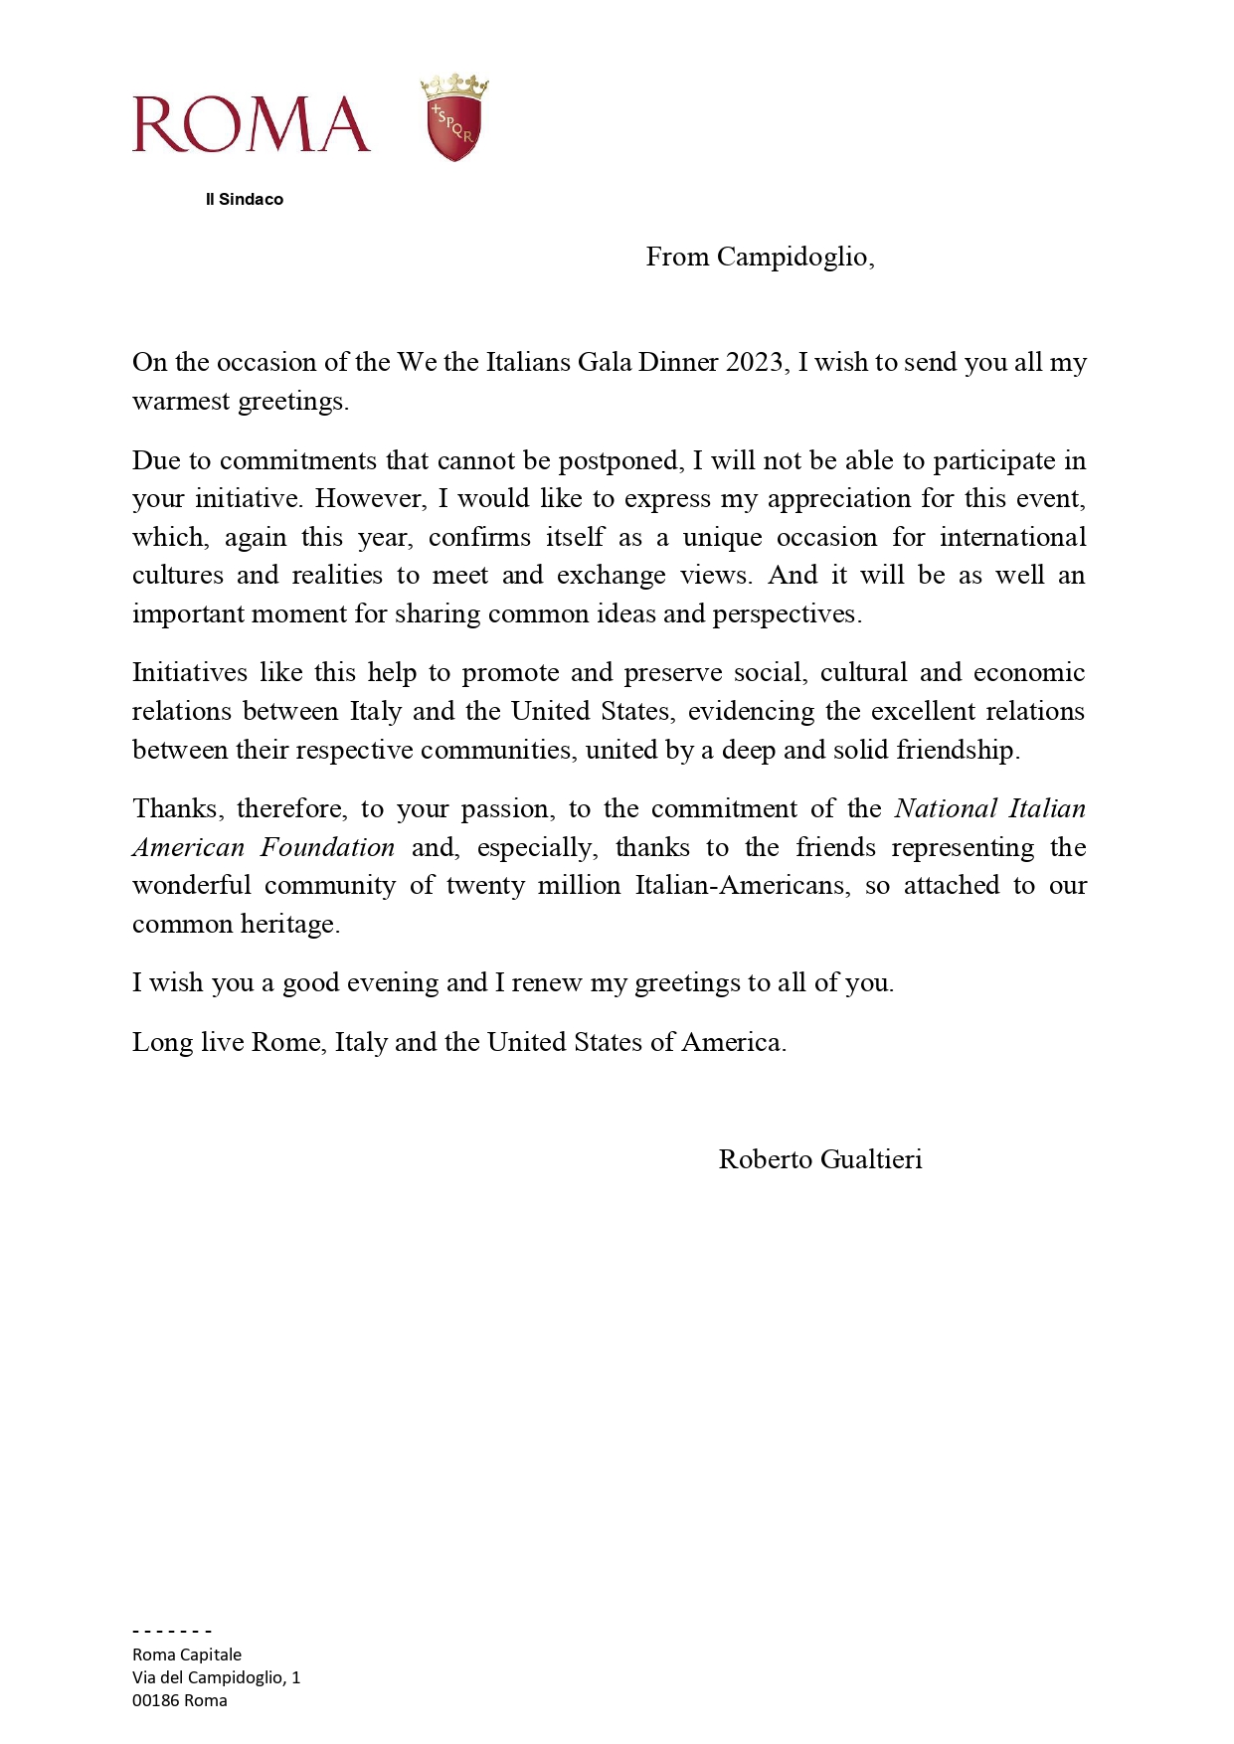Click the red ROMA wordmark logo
[252, 124]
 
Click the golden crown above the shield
[454, 86]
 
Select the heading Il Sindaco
[245, 199]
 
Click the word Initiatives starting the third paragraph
[189, 673]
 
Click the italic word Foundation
[327, 848]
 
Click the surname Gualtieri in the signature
[872, 1160]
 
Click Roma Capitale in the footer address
[187, 1655]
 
